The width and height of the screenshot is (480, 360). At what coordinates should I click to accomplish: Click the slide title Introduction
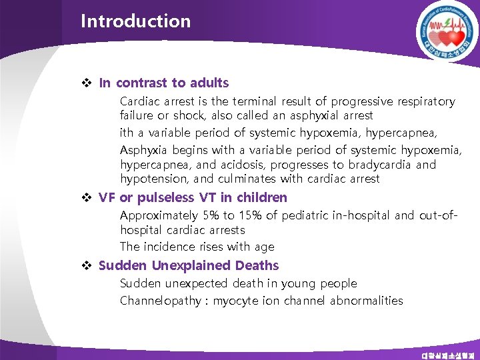135,21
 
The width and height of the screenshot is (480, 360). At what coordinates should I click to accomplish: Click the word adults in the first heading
209,83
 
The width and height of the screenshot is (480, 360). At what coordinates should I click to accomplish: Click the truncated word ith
127,133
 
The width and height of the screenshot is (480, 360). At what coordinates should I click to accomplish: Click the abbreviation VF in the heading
107,198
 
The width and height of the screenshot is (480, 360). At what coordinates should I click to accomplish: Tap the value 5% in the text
211,215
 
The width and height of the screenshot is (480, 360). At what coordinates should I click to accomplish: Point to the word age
264,247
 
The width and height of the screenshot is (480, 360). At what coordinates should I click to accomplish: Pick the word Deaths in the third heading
257,266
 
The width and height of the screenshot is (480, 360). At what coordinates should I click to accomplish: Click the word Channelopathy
160,301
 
